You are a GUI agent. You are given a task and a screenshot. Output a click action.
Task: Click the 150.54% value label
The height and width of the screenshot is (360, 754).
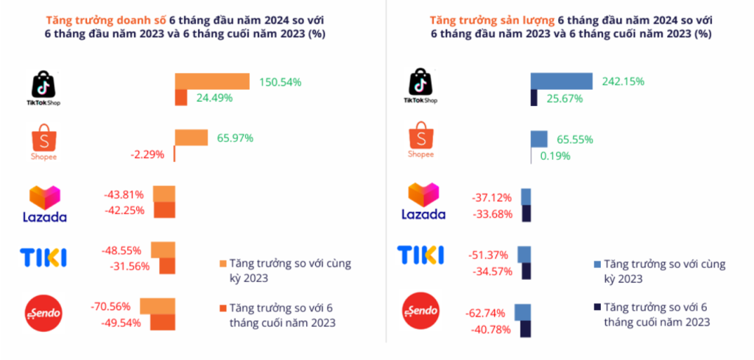pos(281,82)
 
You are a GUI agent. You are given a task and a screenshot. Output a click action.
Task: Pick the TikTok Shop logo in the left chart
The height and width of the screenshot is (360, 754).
pos(43,89)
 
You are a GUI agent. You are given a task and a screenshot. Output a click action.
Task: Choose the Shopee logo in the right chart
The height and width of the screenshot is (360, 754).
pos(421,142)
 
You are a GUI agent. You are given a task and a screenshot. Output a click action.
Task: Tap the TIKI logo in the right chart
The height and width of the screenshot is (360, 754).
pos(420,255)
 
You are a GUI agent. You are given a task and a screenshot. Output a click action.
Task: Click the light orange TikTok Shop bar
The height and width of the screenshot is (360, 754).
pos(212,81)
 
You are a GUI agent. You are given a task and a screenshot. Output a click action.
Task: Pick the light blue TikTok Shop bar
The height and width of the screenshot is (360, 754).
pos(562,81)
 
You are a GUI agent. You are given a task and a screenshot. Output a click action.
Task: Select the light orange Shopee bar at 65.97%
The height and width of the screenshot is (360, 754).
pos(191,138)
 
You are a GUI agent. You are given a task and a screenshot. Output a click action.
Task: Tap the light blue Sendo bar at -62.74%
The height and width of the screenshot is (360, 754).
pos(523,311)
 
